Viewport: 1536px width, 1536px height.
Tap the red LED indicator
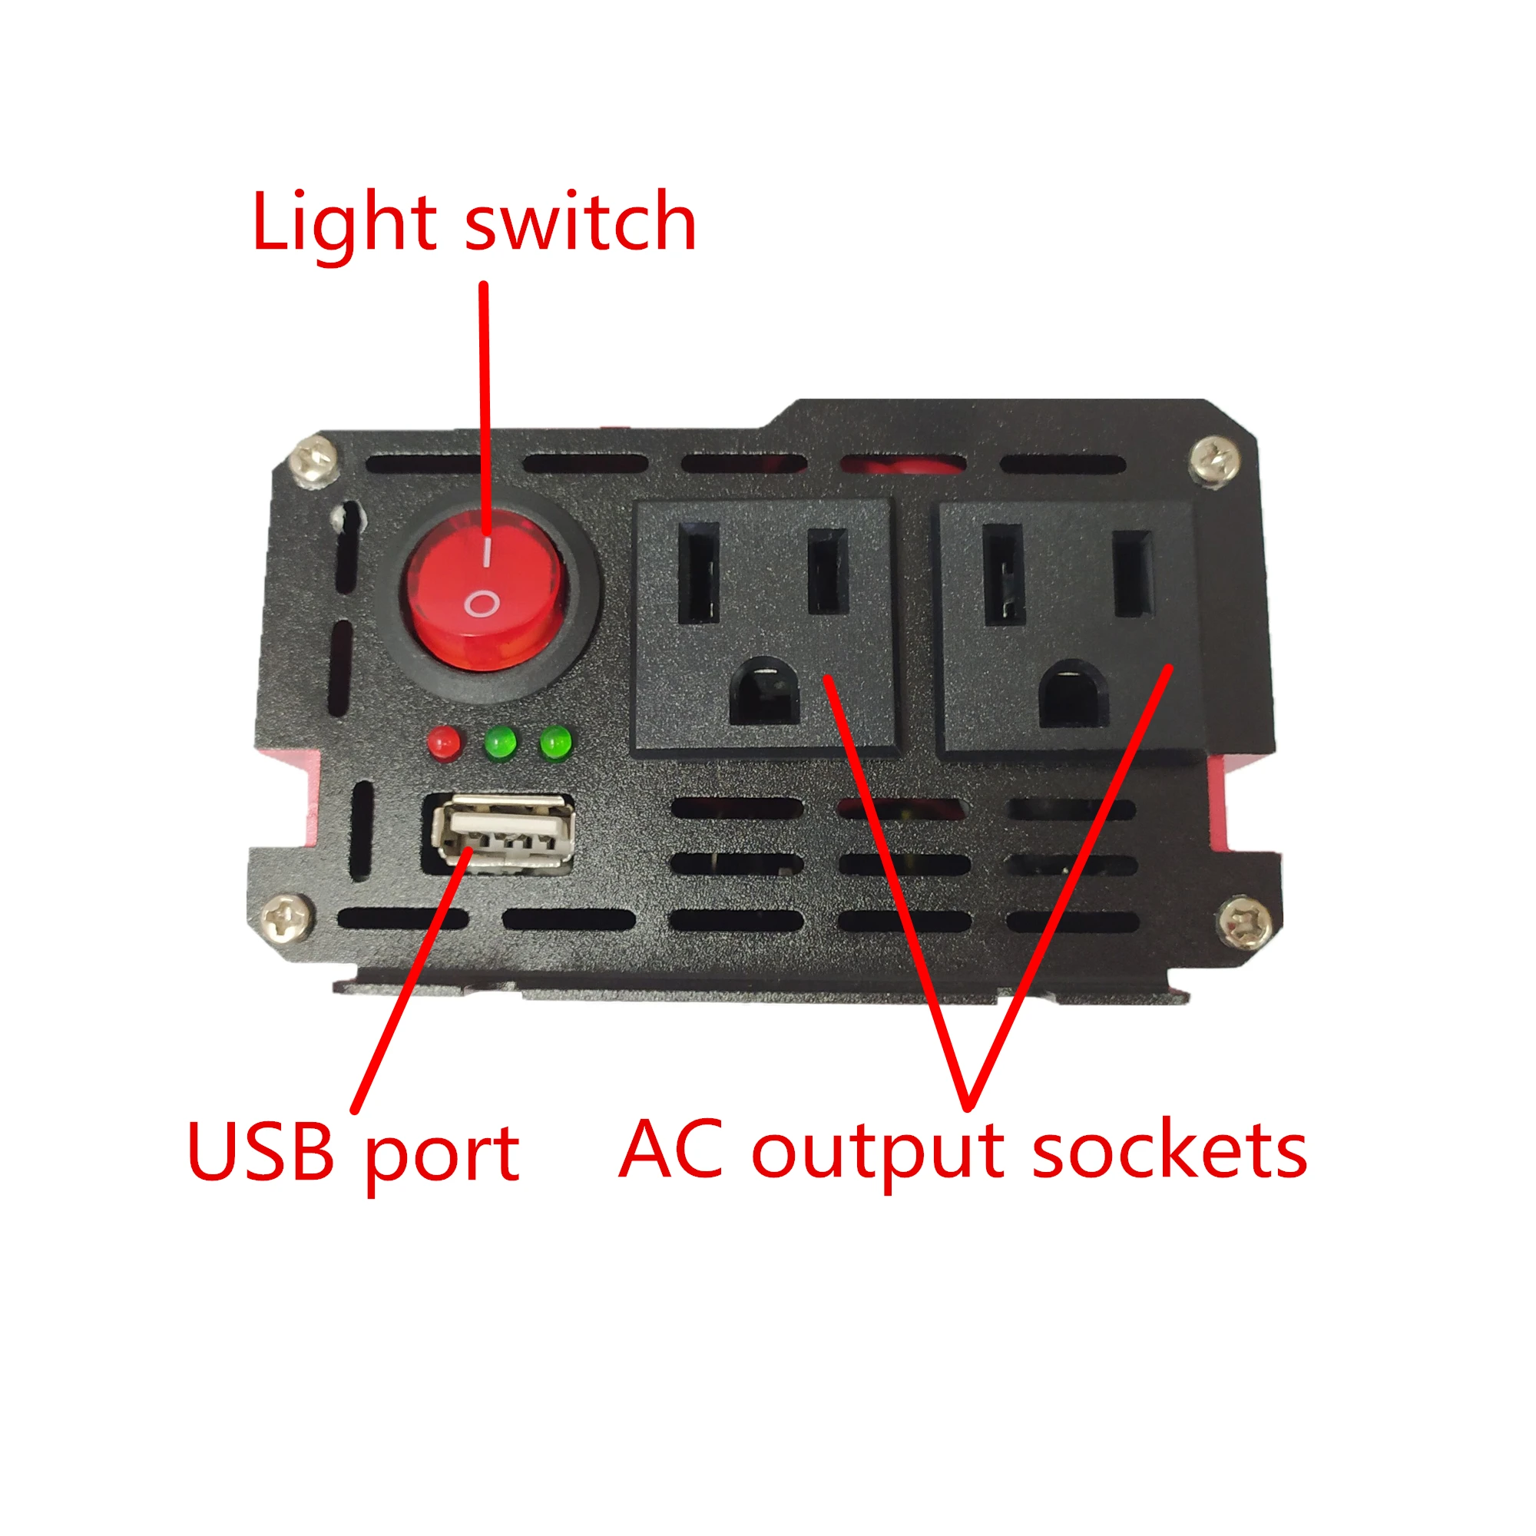(x=444, y=743)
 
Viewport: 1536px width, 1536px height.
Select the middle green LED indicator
(x=500, y=743)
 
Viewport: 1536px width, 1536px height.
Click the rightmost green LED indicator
(x=556, y=743)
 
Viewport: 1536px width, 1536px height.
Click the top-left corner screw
(x=316, y=458)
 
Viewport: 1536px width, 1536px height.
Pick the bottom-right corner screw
(x=1244, y=922)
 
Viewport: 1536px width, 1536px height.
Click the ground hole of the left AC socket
(x=764, y=691)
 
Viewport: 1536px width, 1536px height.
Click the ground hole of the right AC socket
(x=1074, y=694)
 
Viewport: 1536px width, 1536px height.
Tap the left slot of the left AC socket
(x=698, y=572)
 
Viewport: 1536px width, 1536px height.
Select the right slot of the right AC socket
(x=1133, y=574)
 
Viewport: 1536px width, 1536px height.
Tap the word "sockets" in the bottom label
(x=1169, y=1151)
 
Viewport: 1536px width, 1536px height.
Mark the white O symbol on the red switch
(x=482, y=604)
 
